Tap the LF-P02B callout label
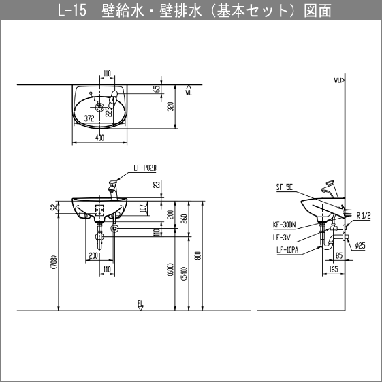click(144, 166)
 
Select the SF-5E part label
click(284, 186)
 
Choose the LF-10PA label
click(287, 249)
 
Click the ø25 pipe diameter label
click(361, 245)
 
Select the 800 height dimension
click(197, 255)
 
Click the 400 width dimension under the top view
click(100, 138)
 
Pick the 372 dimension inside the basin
click(89, 118)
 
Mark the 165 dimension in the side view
click(334, 270)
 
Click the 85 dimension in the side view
click(338, 257)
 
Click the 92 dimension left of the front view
click(52, 207)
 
